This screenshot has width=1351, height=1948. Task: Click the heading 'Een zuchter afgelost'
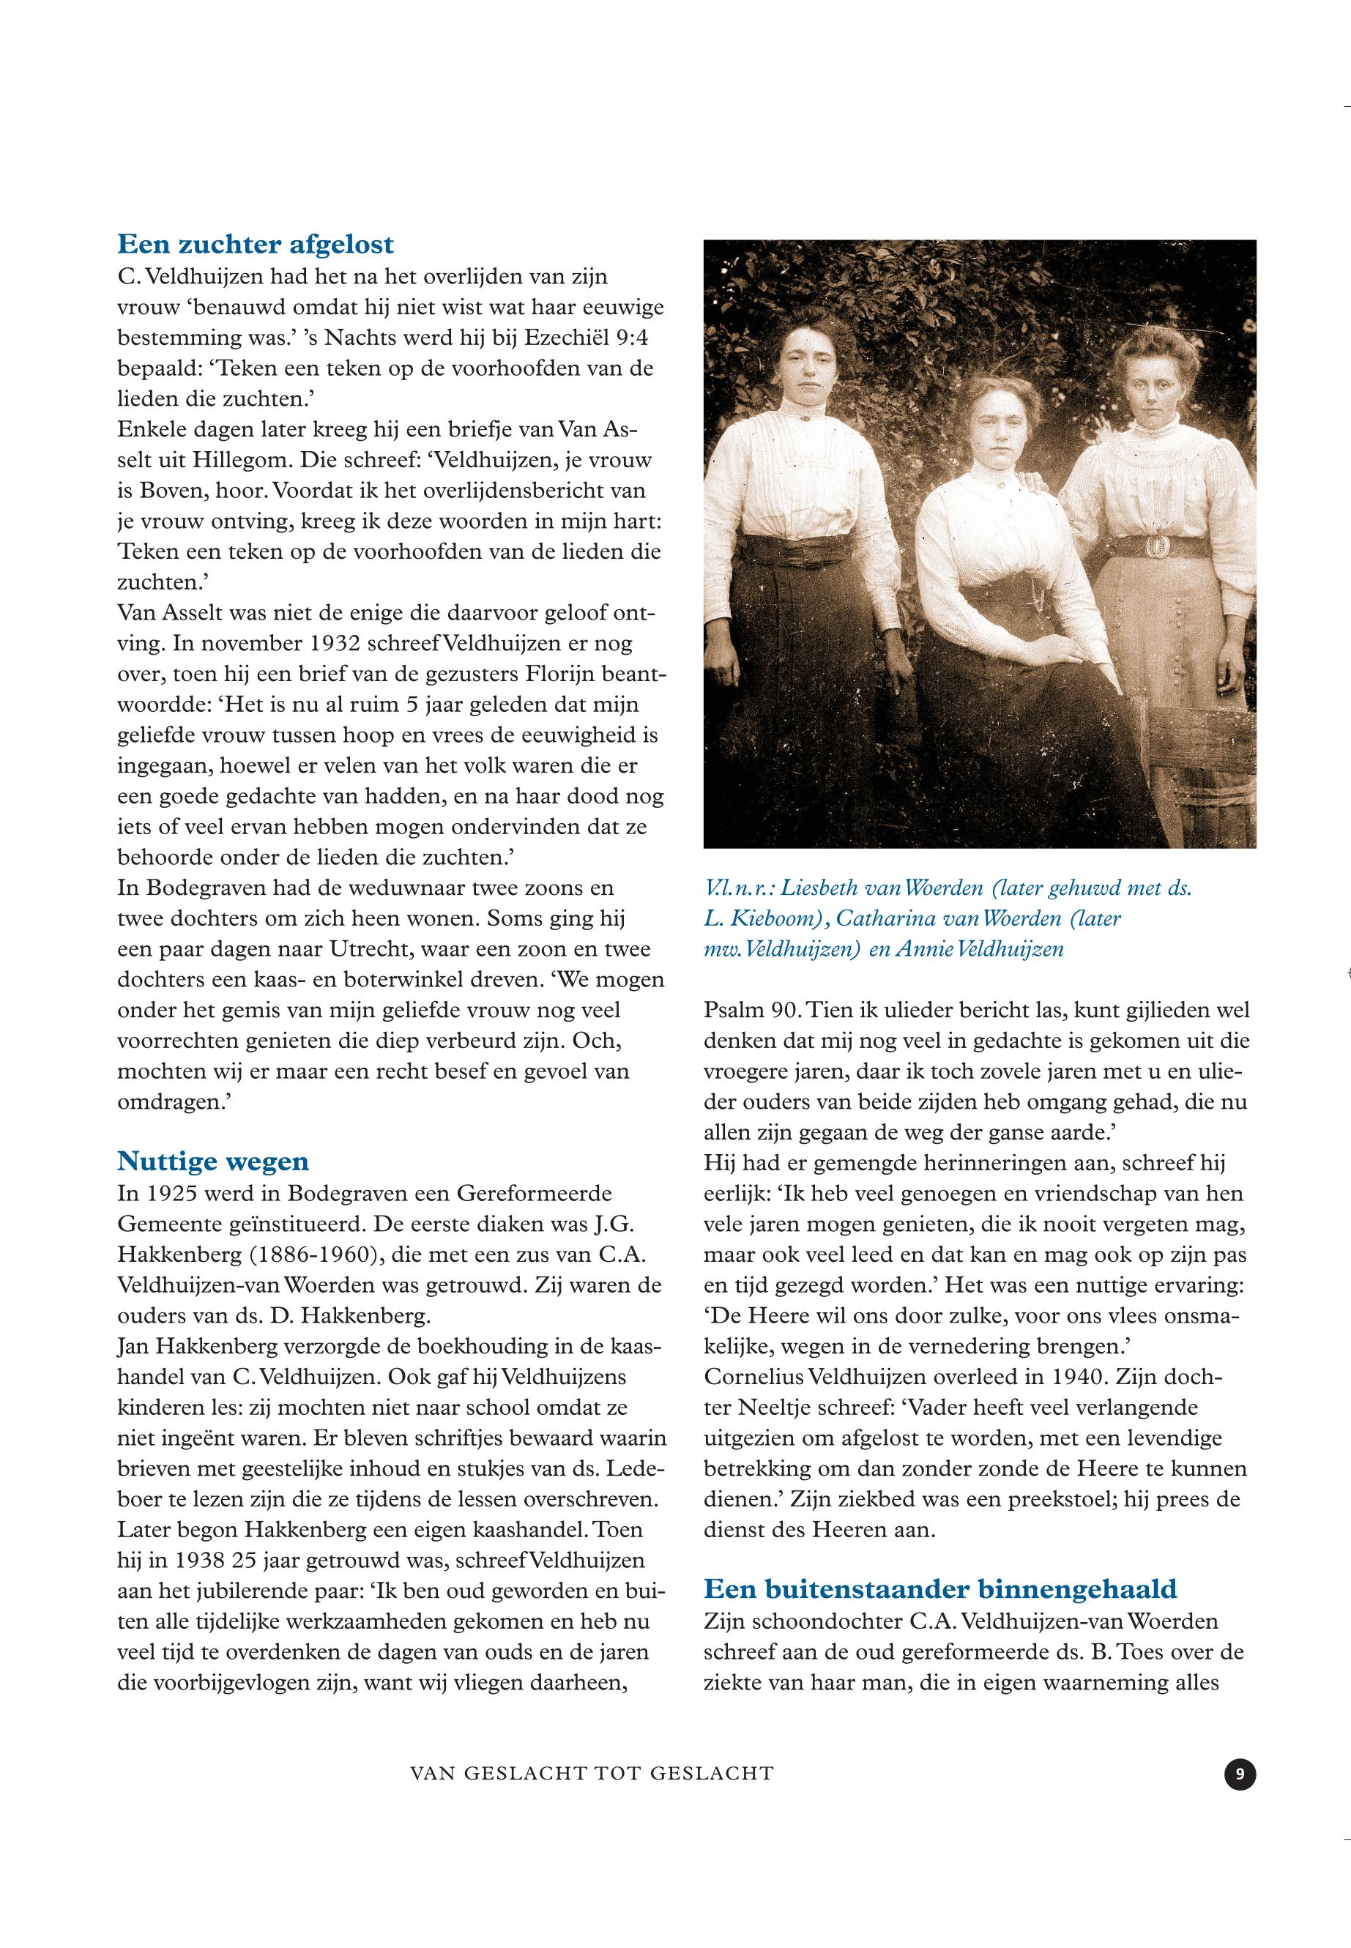pyautogui.click(x=255, y=245)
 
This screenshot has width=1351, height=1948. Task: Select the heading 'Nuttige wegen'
pyautogui.click(x=212, y=1161)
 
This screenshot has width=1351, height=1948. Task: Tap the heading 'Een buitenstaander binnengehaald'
pyautogui.click(x=939, y=1589)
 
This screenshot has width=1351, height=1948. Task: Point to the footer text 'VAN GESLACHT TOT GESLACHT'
pyautogui.click(x=592, y=1774)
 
